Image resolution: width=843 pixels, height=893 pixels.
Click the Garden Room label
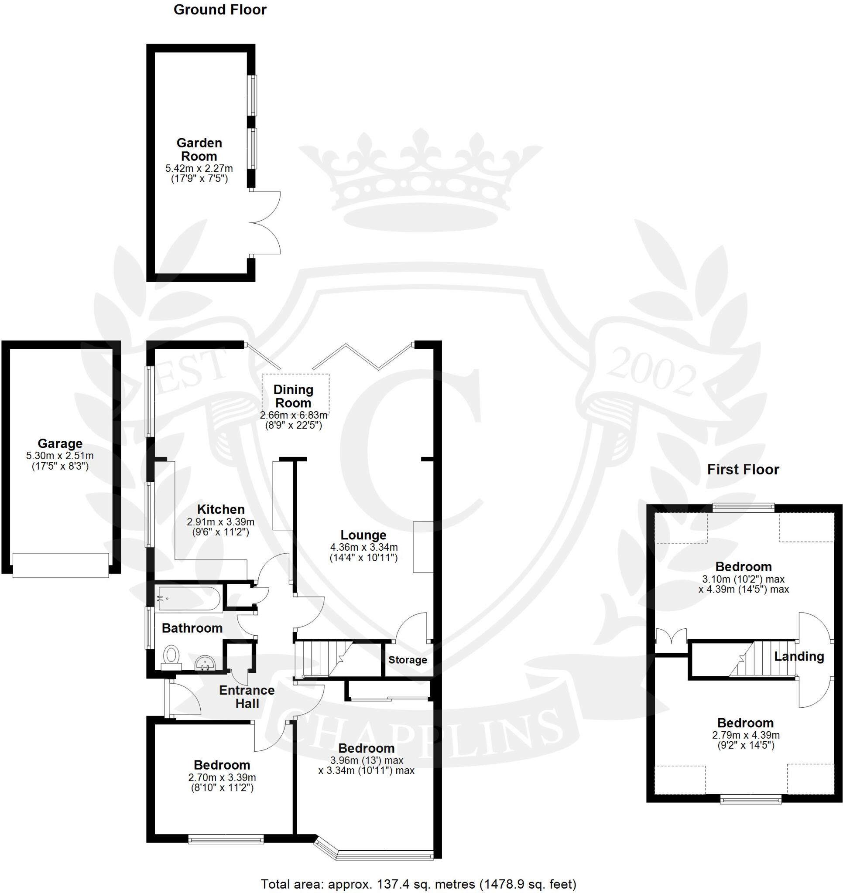pos(199,150)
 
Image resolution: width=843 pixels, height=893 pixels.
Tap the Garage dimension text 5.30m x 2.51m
pos(60,456)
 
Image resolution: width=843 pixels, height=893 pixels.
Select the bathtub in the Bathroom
pos(188,599)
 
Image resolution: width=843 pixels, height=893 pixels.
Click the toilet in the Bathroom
pos(171,656)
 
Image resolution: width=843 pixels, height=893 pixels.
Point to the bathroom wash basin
pos(206,663)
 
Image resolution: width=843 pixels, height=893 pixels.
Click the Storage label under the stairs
pos(408,660)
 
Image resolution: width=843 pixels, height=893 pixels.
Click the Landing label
pos(799,657)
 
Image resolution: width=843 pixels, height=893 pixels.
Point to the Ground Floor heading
pos(220,10)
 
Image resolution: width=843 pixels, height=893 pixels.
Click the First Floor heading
pos(743,470)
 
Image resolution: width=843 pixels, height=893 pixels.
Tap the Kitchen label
pos(221,509)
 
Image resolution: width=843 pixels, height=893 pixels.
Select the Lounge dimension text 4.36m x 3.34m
pos(364,548)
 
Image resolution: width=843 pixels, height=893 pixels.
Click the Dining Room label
pos(293,396)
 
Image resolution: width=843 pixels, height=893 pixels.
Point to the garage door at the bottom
pos(61,565)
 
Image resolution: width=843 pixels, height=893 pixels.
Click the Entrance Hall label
pos(247,697)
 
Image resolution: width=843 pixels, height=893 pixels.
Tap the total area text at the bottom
pos(418,884)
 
